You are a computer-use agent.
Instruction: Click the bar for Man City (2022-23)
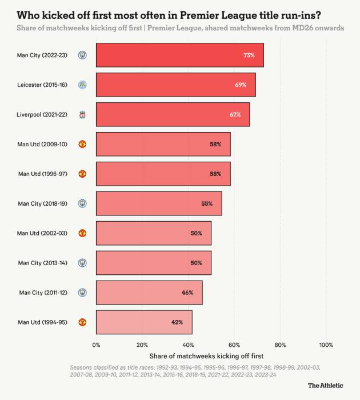179,55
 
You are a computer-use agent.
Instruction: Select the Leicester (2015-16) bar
175,85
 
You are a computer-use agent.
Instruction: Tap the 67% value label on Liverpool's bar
235,114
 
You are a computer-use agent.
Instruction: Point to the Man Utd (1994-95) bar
144,322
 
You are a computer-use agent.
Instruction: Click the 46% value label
187,293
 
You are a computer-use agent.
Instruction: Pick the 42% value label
177,322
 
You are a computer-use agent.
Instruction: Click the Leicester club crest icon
82,85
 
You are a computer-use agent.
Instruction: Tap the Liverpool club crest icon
82,114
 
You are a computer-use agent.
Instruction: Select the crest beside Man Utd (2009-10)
82,144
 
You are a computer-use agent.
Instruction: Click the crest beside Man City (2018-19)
82,203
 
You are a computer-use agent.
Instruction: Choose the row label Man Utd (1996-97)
43,174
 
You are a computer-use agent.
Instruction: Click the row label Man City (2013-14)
43,263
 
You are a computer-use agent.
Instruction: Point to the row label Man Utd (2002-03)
43,233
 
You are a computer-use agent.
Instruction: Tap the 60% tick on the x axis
234,345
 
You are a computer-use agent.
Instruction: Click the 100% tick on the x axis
326,345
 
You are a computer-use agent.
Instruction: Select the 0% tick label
96,345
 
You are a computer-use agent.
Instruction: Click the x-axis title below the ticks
211,356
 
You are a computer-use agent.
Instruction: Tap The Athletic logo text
326,385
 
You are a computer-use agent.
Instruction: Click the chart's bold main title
169,14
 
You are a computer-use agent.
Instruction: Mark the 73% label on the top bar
249,55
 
